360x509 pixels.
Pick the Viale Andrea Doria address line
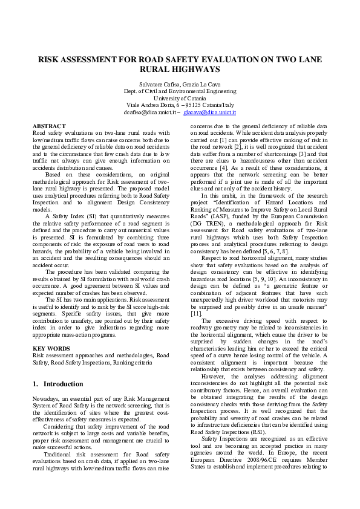coord(180,105)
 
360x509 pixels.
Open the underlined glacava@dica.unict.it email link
coord(209,112)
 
